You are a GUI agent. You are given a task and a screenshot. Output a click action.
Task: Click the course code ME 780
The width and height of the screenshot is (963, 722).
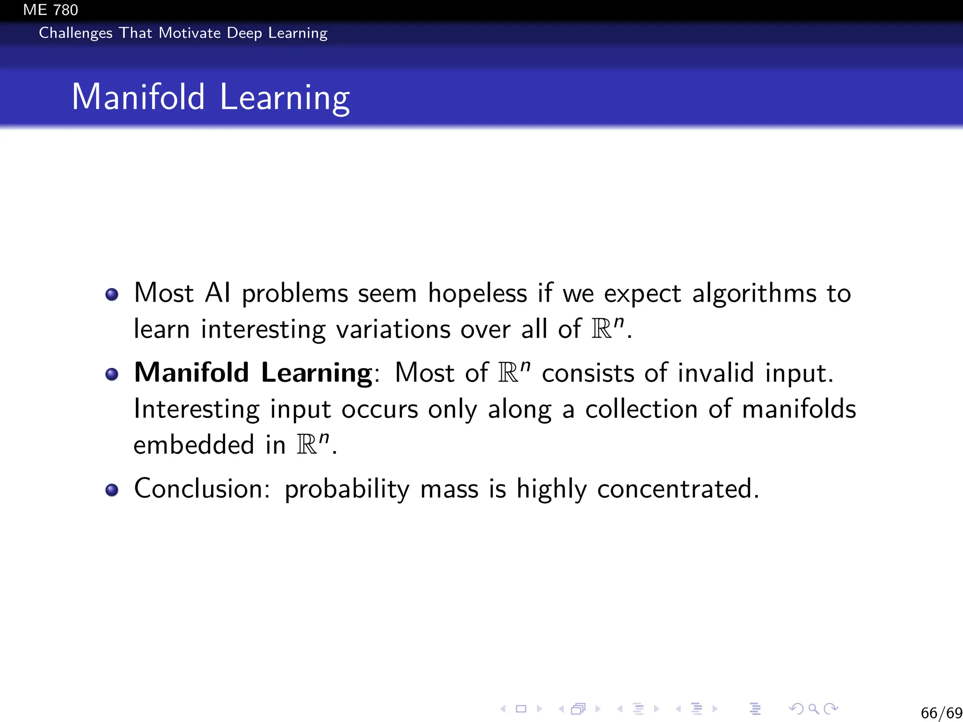[x=50, y=9]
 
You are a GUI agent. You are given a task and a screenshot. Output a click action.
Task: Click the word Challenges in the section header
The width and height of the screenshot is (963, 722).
[x=75, y=33]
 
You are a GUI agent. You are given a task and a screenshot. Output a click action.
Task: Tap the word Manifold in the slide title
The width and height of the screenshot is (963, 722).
[x=138, y=97]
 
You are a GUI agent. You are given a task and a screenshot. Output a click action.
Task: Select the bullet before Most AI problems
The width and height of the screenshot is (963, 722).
[x=112, y=295]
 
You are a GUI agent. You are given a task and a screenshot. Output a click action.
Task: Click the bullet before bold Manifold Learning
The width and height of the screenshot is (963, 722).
[x=112, y=375]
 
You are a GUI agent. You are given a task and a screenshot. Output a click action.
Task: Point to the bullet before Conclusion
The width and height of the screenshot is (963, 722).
[x=112, y=490]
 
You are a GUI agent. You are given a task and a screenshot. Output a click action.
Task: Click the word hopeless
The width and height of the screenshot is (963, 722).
[x=477, y=294]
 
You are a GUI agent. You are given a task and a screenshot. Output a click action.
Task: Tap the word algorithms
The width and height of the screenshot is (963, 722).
[x=754, y=294]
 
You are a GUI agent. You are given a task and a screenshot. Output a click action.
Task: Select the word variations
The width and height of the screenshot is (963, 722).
[x=393, y=329]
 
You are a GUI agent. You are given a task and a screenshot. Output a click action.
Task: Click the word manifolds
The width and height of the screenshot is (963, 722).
[x=798, y=409]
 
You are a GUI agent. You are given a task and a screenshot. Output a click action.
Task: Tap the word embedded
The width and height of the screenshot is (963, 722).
[x=194, y=445]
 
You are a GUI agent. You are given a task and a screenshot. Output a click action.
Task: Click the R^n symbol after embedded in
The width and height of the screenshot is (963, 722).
[x=313, y=444]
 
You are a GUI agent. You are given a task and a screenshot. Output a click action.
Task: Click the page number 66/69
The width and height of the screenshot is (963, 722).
[x=941, y=713]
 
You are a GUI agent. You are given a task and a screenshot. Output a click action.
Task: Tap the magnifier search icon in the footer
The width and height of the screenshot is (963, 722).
[x=813, y=709]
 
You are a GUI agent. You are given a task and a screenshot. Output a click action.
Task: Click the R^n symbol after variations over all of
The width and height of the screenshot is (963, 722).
[x=608, y=328]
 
